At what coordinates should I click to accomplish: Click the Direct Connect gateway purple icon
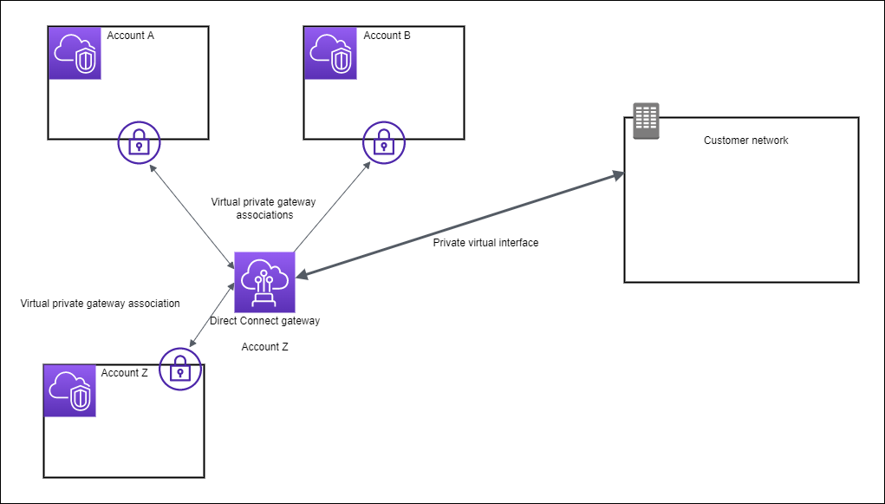point(264,282)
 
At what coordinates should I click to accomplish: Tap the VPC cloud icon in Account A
point(75,53)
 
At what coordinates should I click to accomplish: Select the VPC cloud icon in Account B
point(330,53)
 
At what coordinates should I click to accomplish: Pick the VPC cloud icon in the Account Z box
point(69,390)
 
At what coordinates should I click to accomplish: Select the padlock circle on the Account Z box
point(180,370)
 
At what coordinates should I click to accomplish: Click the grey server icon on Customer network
point(646,121)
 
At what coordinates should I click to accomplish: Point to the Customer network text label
point(745,141)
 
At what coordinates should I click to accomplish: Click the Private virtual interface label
point(485,243)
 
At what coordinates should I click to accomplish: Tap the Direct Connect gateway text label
point(264,321)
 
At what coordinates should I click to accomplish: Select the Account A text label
point(130,36)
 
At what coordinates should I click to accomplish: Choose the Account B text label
point(387,36)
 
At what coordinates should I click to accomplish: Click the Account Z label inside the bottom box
point(124,373)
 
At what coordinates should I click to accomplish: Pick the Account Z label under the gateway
point(264,347)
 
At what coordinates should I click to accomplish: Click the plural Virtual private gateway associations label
point(264,208)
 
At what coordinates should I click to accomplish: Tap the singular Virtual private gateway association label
point(100,304)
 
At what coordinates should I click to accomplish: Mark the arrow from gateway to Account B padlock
point(330,206)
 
